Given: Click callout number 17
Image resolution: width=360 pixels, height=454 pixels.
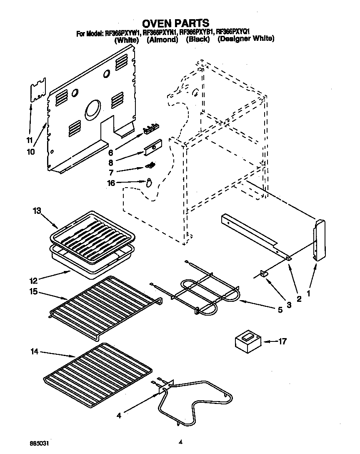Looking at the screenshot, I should (282, 342).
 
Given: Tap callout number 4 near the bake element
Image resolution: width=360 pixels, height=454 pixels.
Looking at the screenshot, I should (119, 415).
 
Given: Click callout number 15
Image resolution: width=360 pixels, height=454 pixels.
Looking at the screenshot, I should (33, 292).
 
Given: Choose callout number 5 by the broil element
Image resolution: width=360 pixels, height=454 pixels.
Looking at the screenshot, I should (280, 309).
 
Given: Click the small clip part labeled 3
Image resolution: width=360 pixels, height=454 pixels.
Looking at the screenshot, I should (263, 274).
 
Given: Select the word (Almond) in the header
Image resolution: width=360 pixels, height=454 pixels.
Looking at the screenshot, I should (162, 40).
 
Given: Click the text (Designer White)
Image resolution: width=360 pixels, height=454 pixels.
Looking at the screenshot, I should (246, 39).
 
